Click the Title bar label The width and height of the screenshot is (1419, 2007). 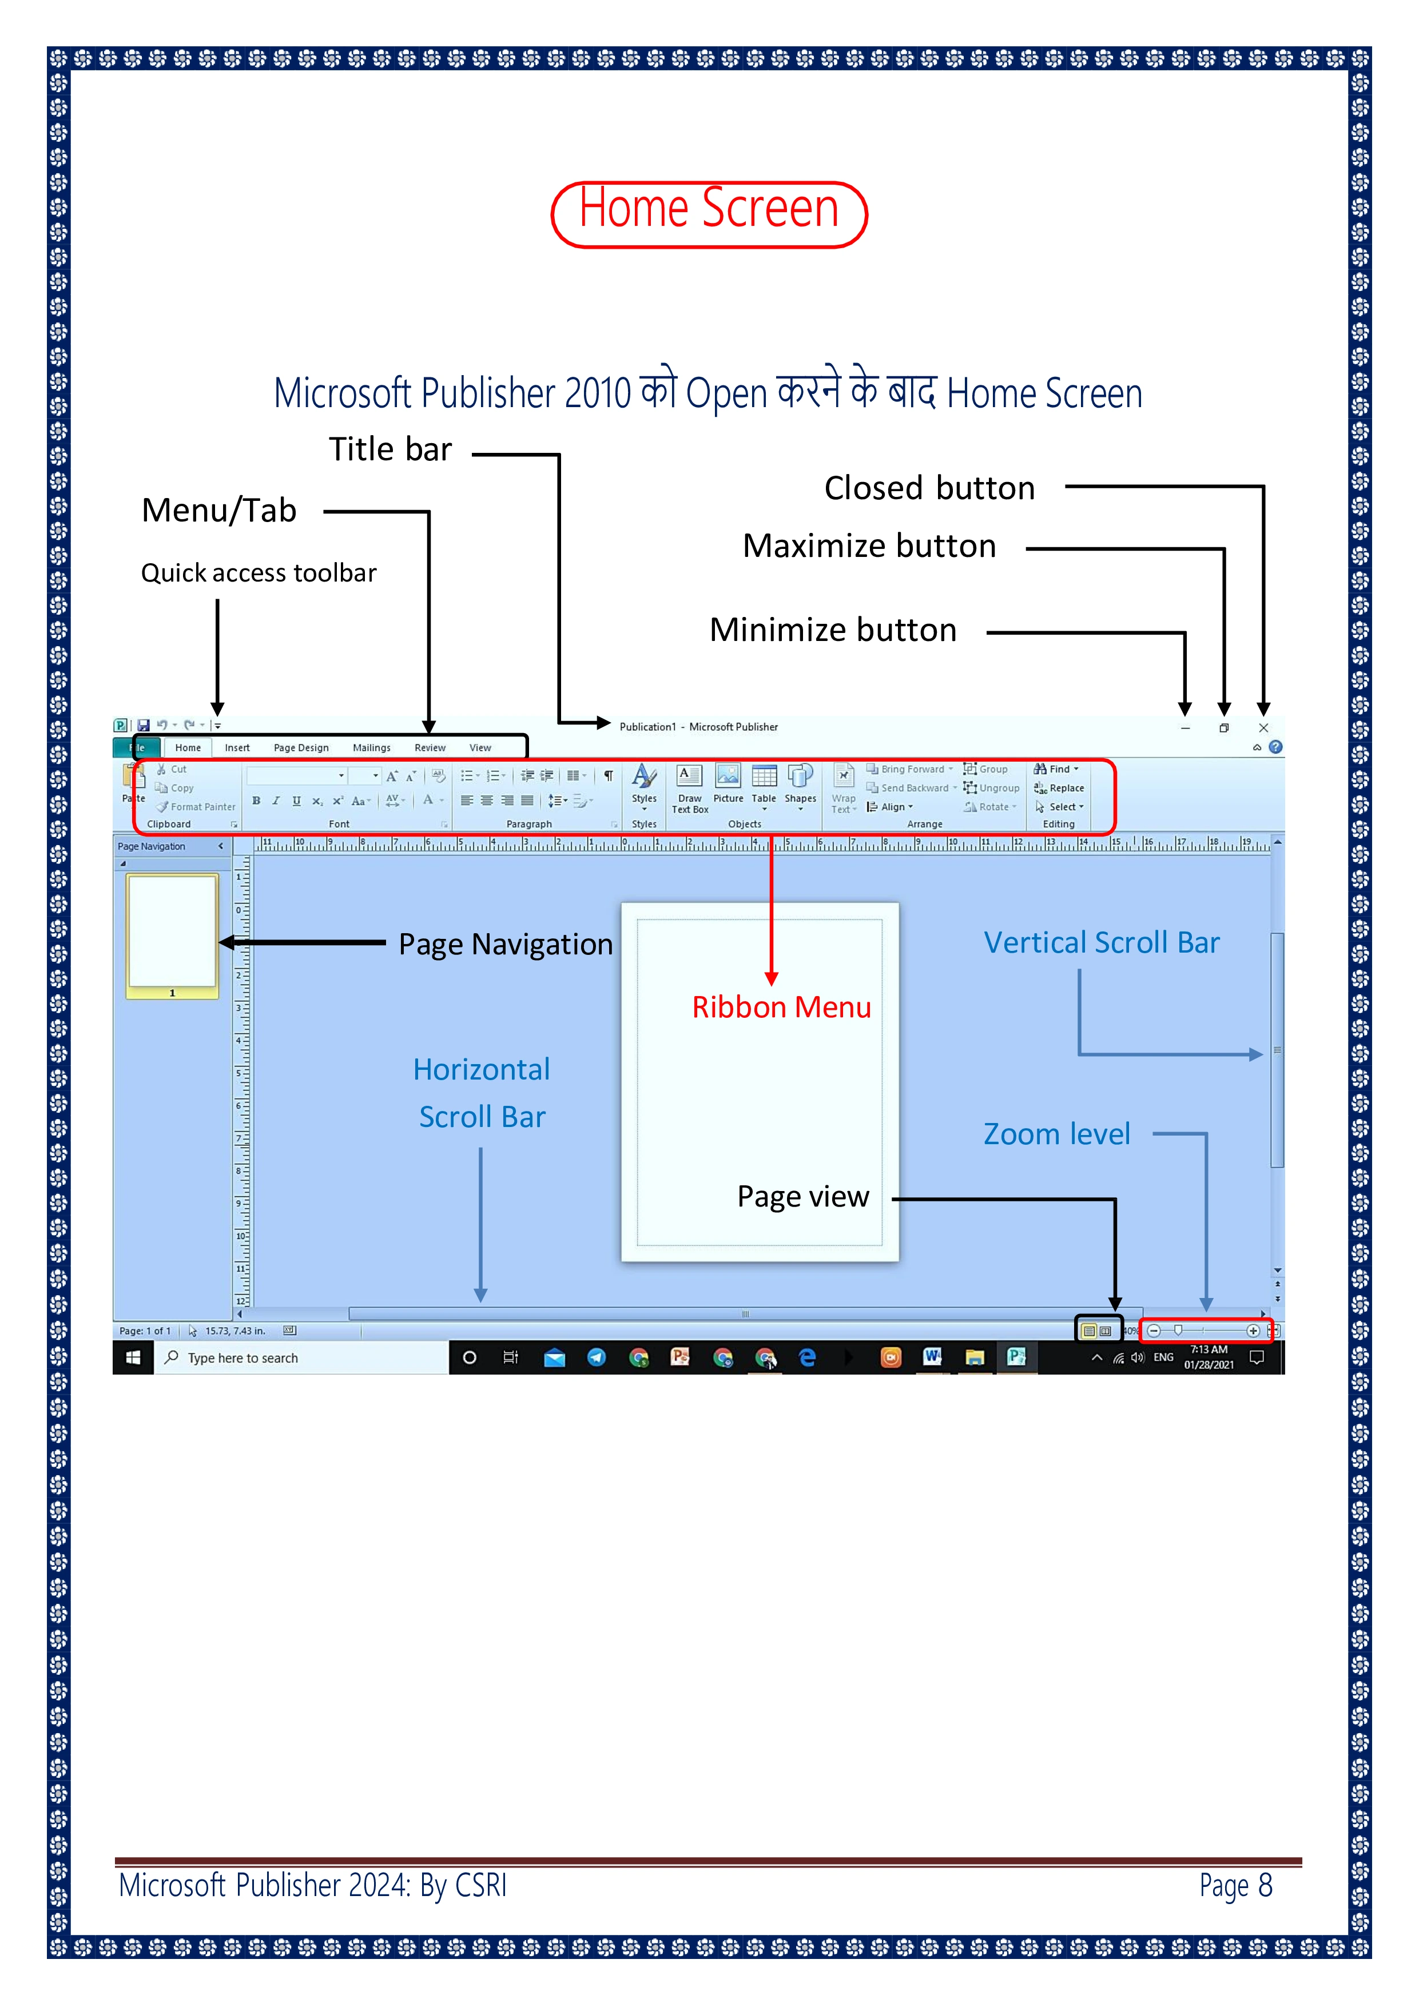coord(390,449)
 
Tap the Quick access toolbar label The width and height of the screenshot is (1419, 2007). coord(259,574)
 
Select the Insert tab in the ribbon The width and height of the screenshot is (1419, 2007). coord(237,748)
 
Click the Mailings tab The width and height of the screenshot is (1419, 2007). coord(372,748)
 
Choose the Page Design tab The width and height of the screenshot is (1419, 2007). coord(301,748)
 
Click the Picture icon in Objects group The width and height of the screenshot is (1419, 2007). coord(728,782)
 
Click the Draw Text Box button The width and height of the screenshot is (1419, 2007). coord(690,787)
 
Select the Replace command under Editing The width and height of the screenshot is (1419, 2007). coord(1060,789)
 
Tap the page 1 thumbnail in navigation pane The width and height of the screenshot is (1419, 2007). coord(172,932)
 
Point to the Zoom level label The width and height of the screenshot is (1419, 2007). coord(1056,1134)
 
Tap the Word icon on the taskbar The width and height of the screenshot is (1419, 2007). coord(932,1357)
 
